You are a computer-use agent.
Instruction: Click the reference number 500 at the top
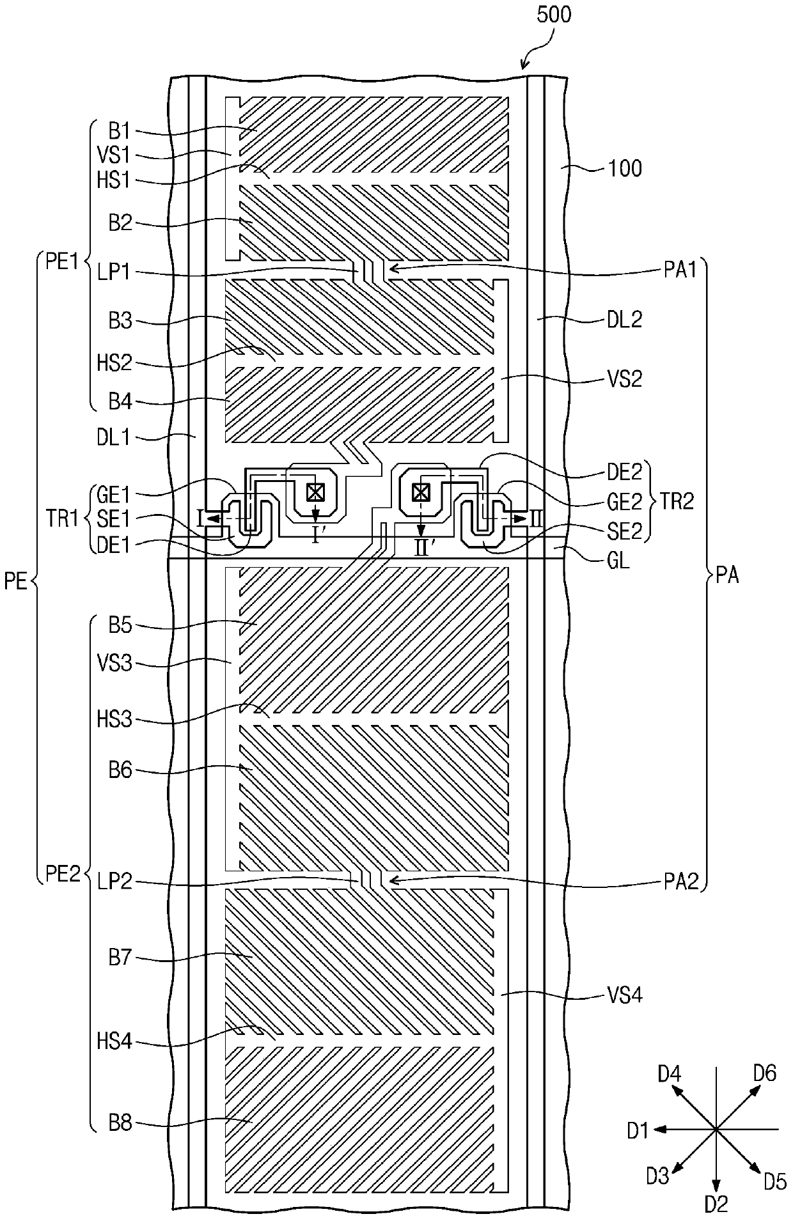coord(554,15)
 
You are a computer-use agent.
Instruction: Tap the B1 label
coord(119,131)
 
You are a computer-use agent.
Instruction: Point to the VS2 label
coord(624,379)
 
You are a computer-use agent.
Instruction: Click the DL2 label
coord(624,320)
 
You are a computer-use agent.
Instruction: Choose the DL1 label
coord(113,437)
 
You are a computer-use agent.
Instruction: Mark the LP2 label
coord(116,882)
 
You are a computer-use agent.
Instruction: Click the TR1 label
coord(62,518)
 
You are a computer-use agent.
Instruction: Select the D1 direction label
coord(638,1131)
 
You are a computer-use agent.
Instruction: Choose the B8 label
coord(120,1123)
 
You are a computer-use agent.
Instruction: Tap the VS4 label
coord(624,994)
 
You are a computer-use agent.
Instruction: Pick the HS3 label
coord(114,719)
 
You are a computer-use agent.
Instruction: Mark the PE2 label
coord(62,873)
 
